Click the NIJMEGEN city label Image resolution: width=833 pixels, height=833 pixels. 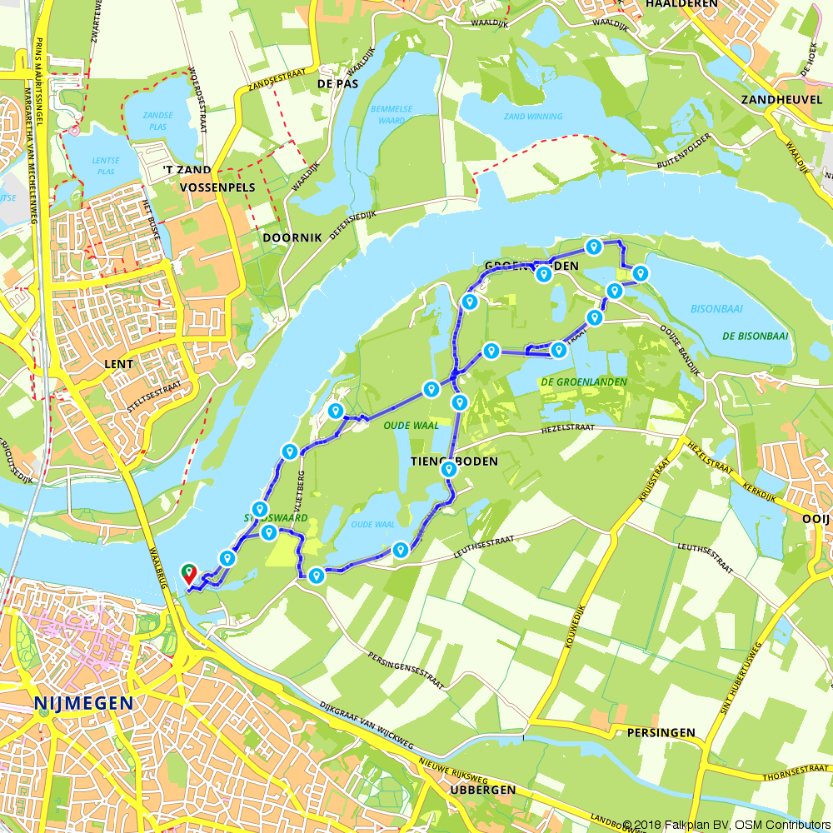coord(83,704)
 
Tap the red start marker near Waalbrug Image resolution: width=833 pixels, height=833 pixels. coord(189,573)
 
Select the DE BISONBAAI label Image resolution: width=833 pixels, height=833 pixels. coord(755,337)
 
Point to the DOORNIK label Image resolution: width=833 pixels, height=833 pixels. coord(292,237)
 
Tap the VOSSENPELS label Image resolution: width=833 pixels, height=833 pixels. coord(217,188)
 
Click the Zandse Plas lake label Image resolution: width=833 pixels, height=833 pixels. coord(157,121)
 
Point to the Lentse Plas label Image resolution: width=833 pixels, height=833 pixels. coord(105,165)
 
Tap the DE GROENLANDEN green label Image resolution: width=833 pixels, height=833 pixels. coord(583,382)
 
